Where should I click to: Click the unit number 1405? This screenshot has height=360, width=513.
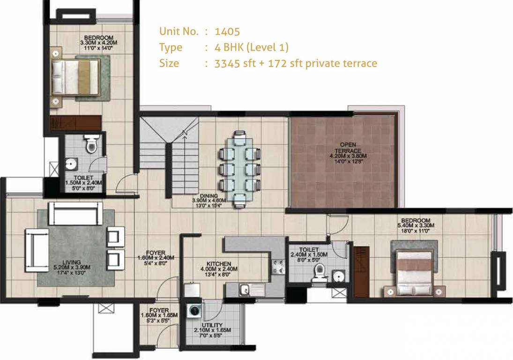(x=227, y=32)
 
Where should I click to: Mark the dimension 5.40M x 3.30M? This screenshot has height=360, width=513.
(x=416, y=225)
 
